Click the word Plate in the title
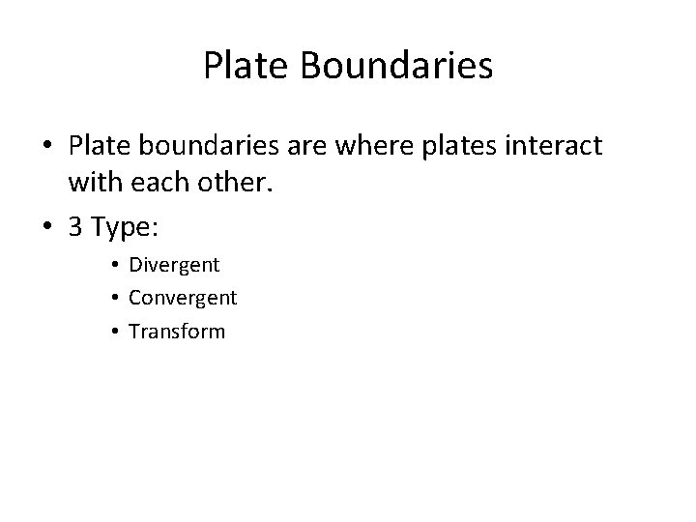(x=247, y=66)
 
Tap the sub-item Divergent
(x=174, y=265)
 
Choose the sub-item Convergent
(x=183, y=298)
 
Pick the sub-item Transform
(x=177, y=331)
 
